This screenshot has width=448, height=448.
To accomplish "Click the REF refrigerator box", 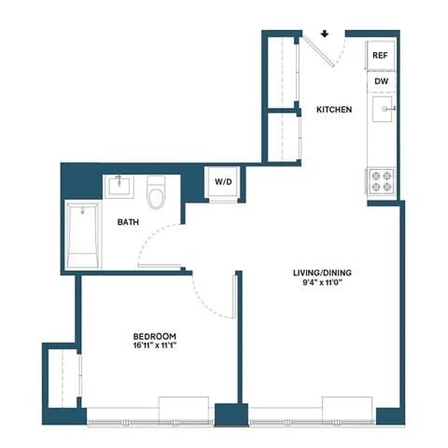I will (381, 56).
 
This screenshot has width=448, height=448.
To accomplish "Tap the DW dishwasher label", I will (381, 82).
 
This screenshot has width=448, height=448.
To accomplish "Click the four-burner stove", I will (382, 182).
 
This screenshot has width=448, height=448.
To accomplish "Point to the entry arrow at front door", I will (324, 34).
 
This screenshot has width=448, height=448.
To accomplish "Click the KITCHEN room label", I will (334, 110).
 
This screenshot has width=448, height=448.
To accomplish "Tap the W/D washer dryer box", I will (223, 183).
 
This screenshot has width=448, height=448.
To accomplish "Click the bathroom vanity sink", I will (121, 185).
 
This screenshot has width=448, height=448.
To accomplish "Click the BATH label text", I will (128, 222).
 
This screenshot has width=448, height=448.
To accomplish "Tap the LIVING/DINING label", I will (322, 273).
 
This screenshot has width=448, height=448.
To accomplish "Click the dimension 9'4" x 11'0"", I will (322, 282).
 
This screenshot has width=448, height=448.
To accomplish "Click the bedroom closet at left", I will (62, 377).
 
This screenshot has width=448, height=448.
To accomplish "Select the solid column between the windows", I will (231, 415).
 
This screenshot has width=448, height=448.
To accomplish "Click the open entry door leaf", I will (318, 49).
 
